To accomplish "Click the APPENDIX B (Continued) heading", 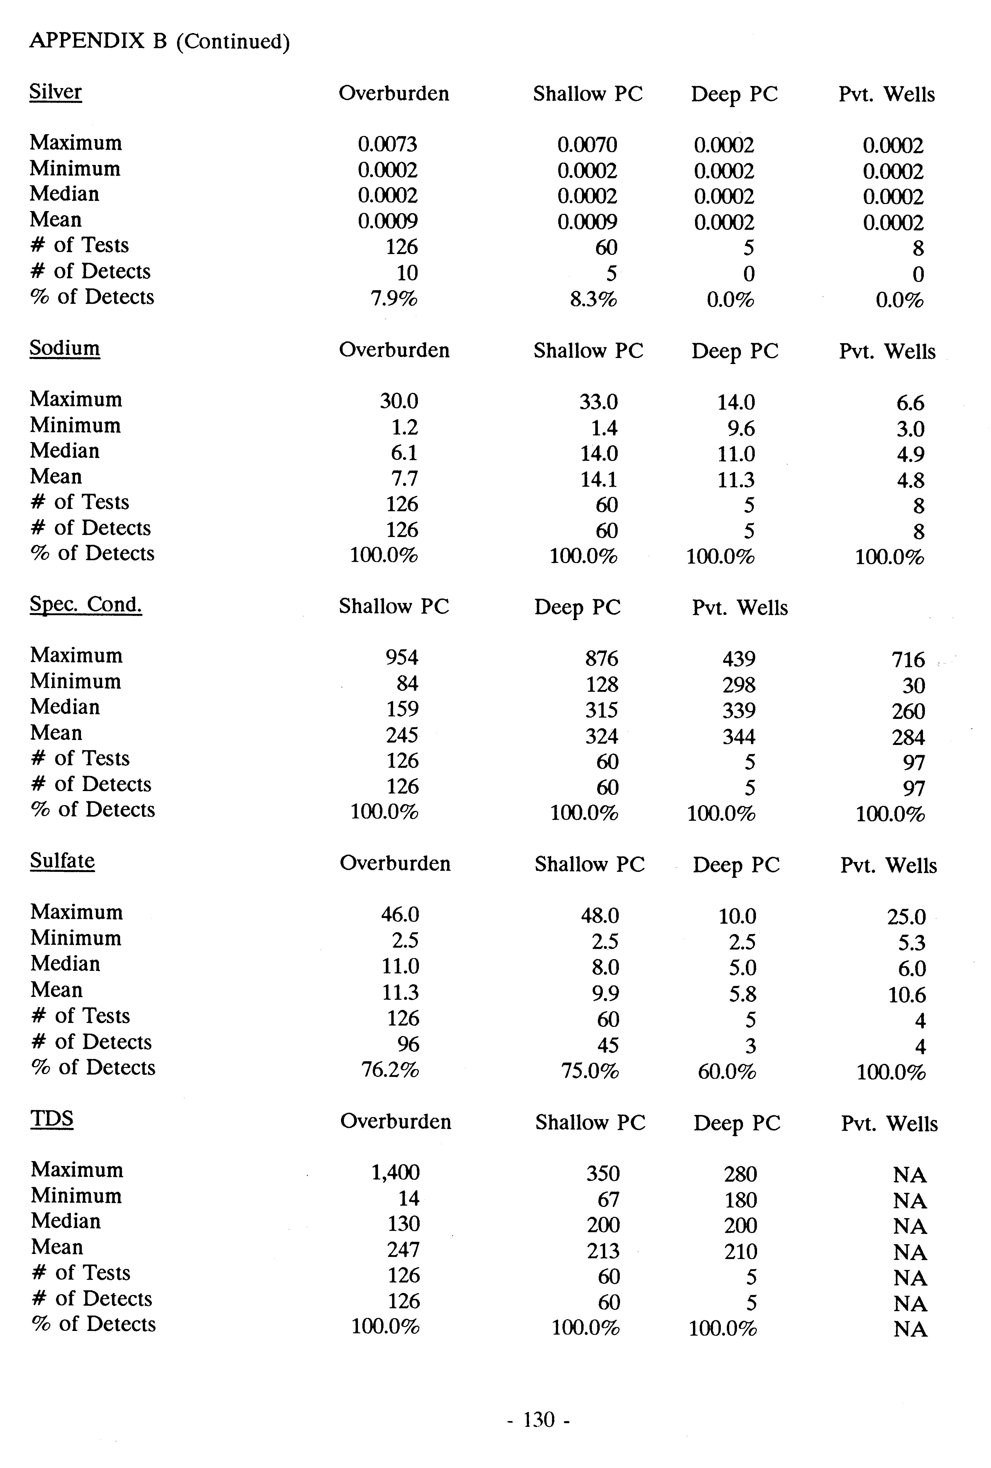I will pos(159,42).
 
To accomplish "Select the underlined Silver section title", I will pos(55,92).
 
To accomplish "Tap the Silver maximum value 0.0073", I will pos(387,145).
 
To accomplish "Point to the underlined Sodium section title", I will pos(64,349).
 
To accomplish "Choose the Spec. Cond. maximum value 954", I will pos(402,658).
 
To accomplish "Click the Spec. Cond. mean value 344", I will pos(738,737).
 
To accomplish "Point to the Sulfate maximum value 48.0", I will pos(599,915).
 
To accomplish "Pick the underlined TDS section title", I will pos(52,1119).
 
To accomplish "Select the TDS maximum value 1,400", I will pos(395,1172).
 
